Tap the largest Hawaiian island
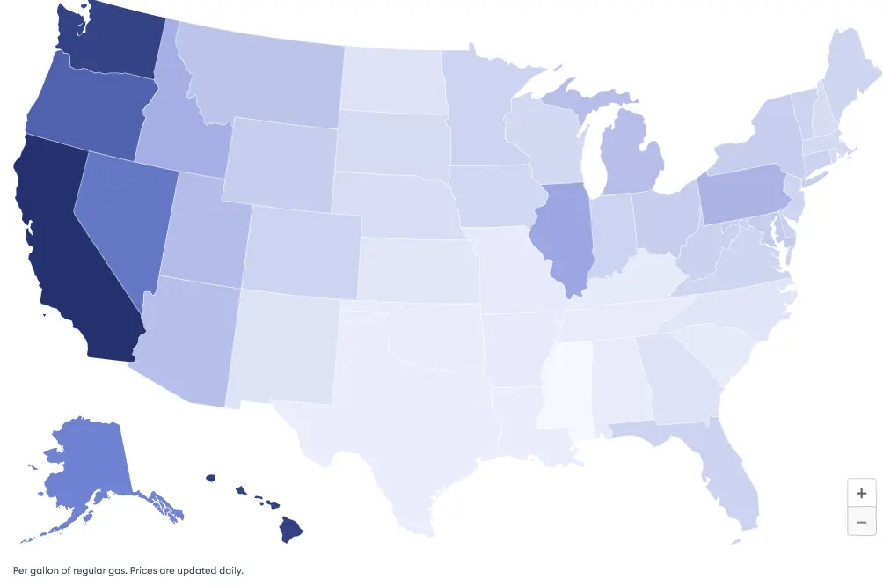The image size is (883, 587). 291,529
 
